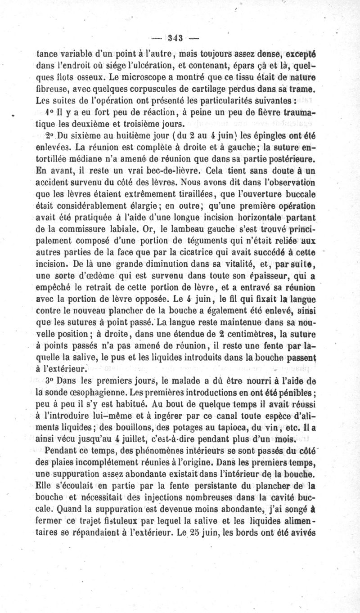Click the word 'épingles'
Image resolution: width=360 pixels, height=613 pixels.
point(261,135)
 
